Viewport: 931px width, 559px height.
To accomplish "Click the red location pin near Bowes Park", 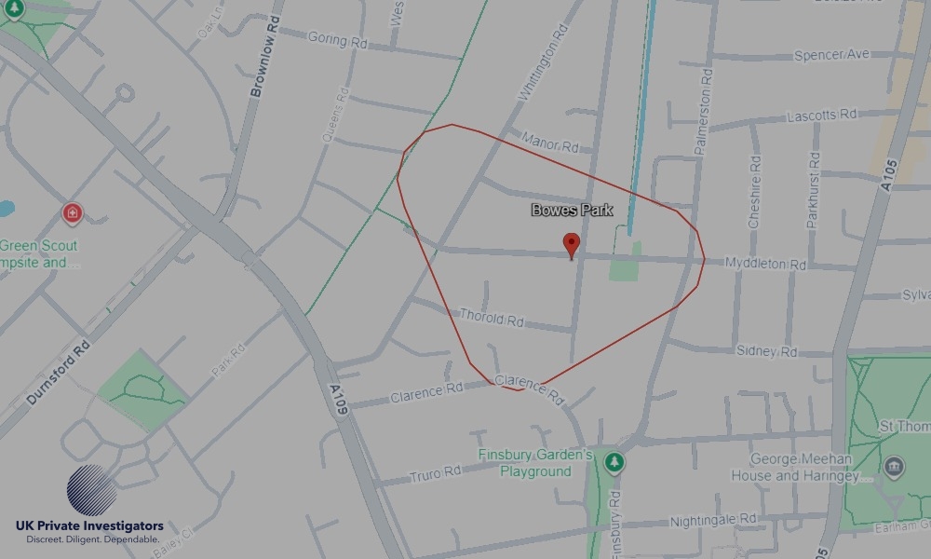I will (572, 246).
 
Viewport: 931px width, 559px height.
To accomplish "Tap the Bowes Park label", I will (572, 211).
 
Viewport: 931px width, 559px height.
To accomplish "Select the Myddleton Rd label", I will (765, 265).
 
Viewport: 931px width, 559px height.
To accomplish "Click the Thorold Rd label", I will (492, 319).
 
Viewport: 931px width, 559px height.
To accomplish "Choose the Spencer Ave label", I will (832, 56).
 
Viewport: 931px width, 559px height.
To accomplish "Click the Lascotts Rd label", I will (822, 115).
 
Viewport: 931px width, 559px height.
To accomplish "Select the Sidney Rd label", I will (767, 351).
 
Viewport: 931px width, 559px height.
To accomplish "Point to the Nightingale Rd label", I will (714, 520).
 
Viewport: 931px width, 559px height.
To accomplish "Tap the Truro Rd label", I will (435, 474).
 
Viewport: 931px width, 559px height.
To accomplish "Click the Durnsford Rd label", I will (58, 373).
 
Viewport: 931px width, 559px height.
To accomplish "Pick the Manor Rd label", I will (550, 143).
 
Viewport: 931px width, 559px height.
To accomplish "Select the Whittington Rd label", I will (542, 63).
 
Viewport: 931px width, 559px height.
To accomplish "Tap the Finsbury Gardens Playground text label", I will (535, 463).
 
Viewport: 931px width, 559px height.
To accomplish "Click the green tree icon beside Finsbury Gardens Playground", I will (614, 462).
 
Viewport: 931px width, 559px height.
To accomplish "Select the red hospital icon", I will (73, 213).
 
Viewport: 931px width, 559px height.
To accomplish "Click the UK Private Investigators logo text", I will (89, 526).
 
